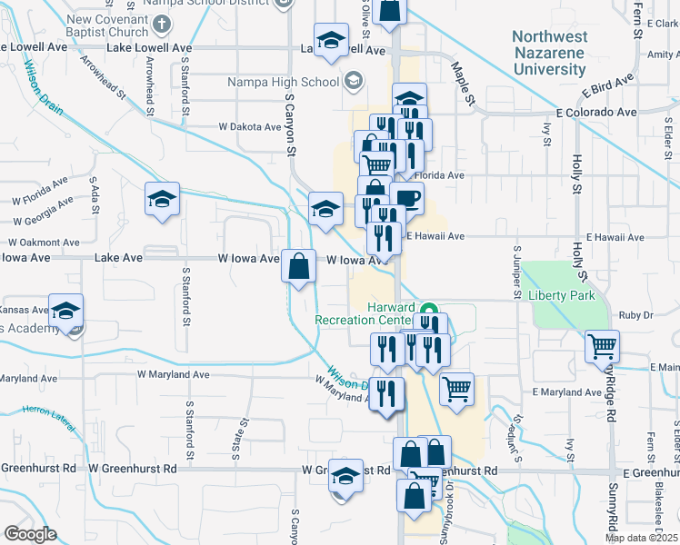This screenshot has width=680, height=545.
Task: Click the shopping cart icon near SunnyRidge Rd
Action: (x=602, y=345)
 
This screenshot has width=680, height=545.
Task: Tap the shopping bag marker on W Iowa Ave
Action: (x=299, y=267)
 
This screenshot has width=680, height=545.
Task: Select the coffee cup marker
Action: (x=410, y=197)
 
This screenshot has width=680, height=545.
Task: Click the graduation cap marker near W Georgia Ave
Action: (x=163, y=200)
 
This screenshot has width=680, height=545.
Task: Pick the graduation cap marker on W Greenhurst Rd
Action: (x=345, y=473)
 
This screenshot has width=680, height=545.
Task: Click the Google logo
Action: (x=30, y=534)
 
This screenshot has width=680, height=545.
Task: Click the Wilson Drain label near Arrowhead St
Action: (x=43, y=86)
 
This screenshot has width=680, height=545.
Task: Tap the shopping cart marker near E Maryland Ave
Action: (x=457, y=389)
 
